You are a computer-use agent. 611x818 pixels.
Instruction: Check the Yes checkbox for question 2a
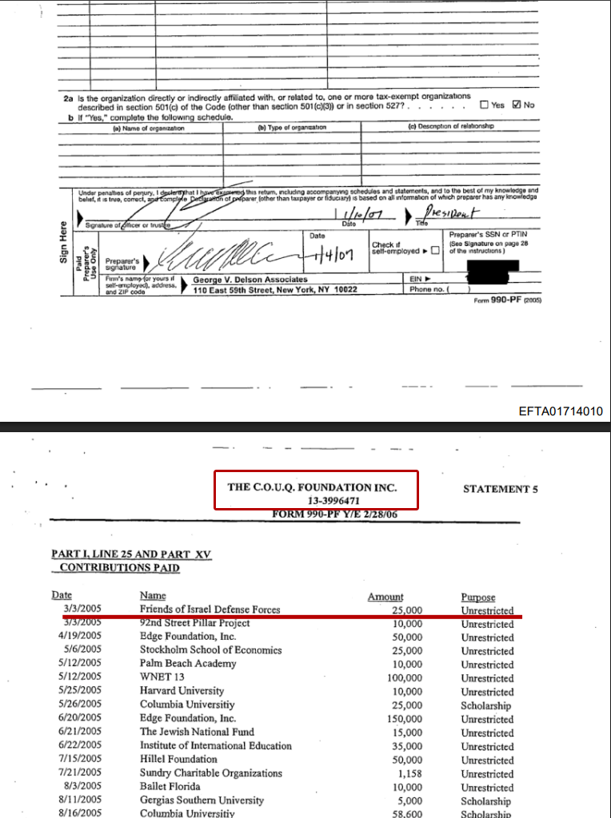tap(485, 105)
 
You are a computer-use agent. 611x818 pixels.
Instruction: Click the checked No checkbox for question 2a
tap(517, 105)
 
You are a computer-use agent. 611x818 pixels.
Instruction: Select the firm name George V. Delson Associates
tap(250, 280)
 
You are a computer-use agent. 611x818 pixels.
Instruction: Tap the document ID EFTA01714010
tap(561, 411)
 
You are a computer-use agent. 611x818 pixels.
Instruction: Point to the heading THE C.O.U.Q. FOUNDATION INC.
tap(312, 486)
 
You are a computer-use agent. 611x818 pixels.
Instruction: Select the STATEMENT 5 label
tap(496, 489)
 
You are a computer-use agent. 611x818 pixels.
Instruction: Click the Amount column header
tap(385, 597)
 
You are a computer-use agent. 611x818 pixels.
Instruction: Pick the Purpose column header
tap(478, 597)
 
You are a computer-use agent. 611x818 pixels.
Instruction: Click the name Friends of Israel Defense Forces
tap(210, 610)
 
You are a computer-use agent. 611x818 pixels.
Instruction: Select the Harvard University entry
tap(182, 691)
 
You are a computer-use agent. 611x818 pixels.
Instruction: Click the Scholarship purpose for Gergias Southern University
tap(485, 800)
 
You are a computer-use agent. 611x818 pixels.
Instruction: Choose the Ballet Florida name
tap(168, 787)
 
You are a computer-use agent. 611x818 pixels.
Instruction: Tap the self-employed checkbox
tap(435, 251)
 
